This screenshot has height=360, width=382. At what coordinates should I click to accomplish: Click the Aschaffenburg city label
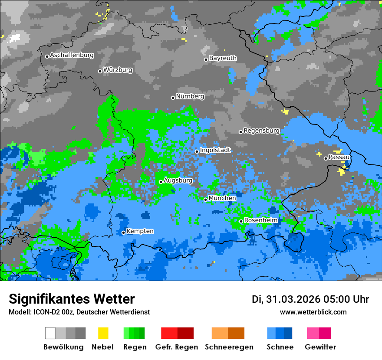point(72,56)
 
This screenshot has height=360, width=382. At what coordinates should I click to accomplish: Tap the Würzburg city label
point(118,70)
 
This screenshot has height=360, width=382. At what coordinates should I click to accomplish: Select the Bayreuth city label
point(223,58)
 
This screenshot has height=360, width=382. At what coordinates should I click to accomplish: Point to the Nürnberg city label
point(190,97)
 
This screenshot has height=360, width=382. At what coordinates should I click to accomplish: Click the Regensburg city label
point(261,131)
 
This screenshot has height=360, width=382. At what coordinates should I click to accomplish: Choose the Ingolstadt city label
point(215,150)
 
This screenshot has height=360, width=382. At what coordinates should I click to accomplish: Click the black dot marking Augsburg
point(161,182)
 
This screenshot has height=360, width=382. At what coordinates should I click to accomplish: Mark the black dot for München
point(206,200)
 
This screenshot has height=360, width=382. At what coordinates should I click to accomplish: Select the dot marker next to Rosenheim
point(241,222)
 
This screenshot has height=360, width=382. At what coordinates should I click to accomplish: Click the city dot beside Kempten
point(123,232)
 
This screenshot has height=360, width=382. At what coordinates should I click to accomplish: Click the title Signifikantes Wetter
point(72,299)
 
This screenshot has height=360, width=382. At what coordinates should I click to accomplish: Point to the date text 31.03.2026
point(293,299)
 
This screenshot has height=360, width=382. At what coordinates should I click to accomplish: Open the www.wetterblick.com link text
point(313,312)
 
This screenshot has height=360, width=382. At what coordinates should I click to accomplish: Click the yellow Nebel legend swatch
point(103,333)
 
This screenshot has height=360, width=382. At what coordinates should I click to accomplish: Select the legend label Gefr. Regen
point(177,347)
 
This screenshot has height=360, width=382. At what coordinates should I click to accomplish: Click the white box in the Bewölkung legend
point(50,333)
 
